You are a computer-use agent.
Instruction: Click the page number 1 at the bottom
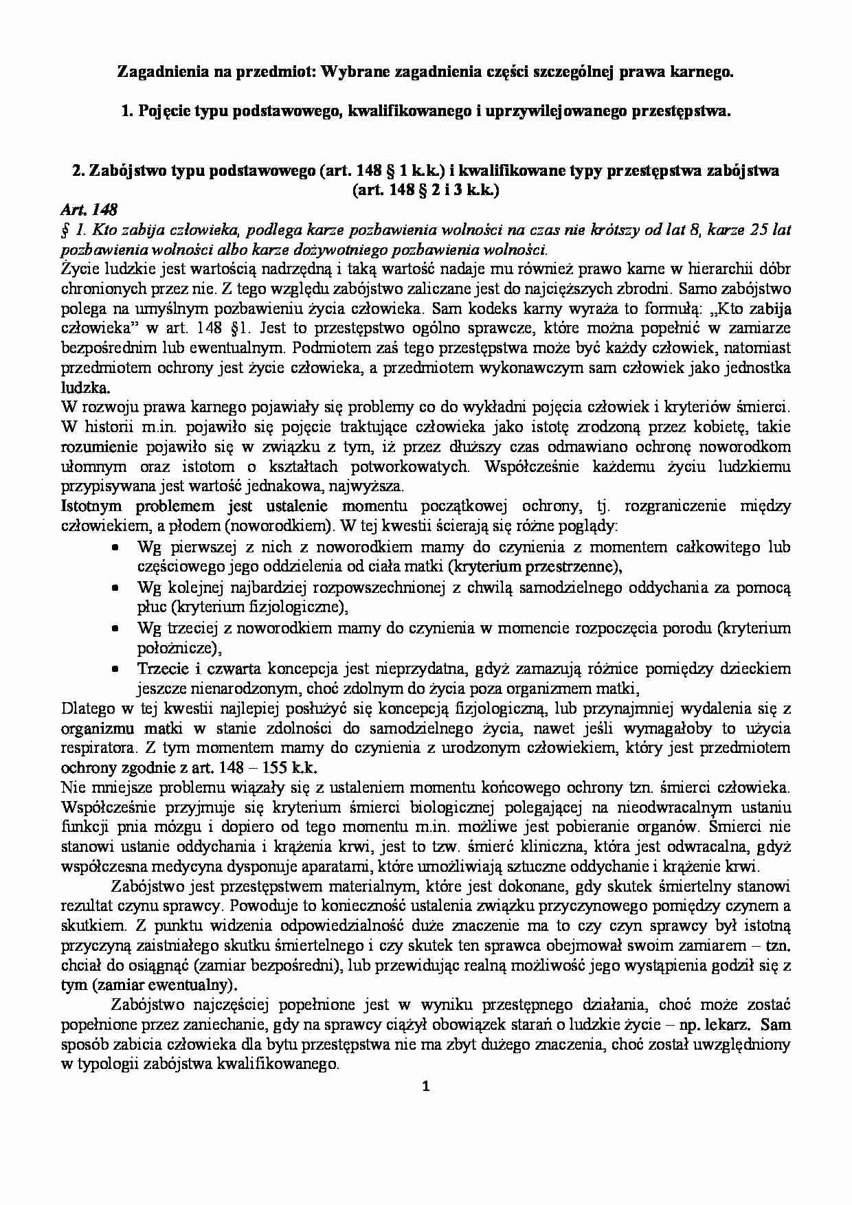425,1086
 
